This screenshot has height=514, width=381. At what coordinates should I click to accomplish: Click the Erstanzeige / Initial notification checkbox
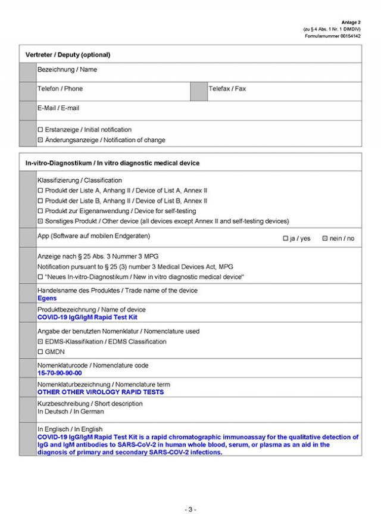click(40, 130)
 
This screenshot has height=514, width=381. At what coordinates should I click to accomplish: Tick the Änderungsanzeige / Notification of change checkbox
click(40, 141)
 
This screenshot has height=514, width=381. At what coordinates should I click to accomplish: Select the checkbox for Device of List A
click(40, 191)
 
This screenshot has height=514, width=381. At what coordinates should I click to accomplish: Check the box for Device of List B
click(40, 201)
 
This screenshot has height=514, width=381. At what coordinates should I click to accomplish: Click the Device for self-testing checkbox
click(40, 211)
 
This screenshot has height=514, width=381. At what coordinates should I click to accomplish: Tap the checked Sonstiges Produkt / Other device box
click(40, 222)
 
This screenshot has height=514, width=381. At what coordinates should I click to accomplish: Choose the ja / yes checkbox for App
click(286, 239)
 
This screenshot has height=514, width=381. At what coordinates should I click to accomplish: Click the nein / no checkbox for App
click(325, 239)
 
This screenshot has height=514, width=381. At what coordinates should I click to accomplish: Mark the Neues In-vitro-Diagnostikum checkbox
click(40, 278)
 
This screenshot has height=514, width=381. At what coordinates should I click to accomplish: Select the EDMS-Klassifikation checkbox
click(40, 342)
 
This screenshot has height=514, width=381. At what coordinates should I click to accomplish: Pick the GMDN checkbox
click(40, 352)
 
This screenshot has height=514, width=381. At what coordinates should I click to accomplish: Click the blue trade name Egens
click(47, 298)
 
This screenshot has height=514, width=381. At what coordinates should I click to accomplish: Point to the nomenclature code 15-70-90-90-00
click(60, 373)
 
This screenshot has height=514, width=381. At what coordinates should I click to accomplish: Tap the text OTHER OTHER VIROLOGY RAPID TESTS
click(100, 392)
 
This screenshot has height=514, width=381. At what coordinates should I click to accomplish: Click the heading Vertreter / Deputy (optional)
click(68, 55)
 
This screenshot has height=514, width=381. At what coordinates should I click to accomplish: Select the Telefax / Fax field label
click(227, 89)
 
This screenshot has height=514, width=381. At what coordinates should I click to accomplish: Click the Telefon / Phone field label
click(60, 89)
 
